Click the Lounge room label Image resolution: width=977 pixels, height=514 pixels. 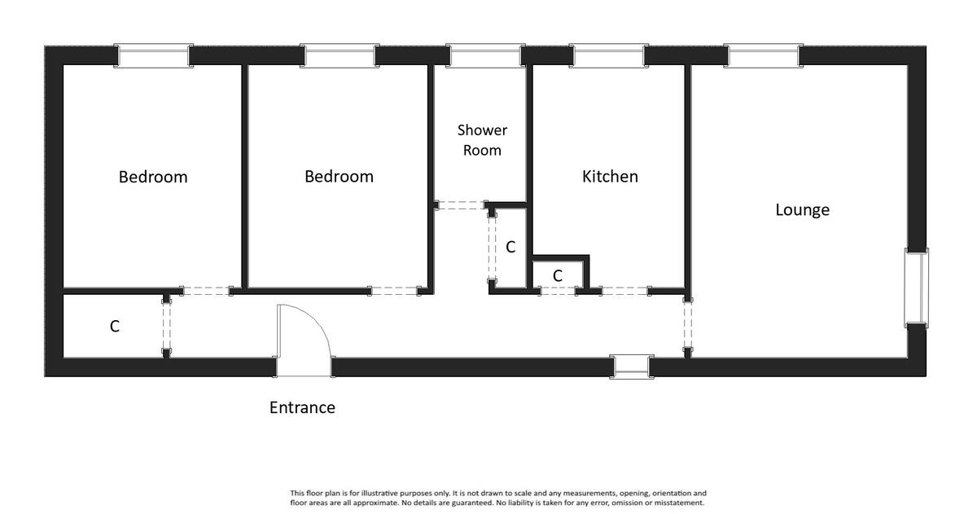click(802, 210)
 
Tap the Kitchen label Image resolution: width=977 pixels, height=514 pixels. click(610, 176)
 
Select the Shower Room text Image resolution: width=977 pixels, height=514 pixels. click(482, 140)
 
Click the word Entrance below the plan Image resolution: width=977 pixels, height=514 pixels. click(302, 407)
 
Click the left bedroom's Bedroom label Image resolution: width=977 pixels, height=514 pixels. click(153, 177)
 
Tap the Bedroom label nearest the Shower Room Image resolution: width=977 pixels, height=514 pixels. click(339, 176)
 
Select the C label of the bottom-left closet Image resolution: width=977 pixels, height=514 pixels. click(114, 327)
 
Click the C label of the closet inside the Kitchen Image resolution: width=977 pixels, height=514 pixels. click(558, 276)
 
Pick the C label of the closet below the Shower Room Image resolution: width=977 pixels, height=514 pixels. click(510, 248)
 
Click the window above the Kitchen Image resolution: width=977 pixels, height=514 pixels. click(609, 56)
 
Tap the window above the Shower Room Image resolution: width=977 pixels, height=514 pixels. click(485, 56)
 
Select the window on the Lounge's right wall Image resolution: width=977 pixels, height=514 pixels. click(917, 288)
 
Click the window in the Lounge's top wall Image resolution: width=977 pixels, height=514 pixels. click(764, 56)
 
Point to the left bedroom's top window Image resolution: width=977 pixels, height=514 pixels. click(154, 56)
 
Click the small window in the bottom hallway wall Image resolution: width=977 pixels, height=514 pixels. click(632, 367)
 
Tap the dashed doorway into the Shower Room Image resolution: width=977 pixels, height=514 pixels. click(461, 205)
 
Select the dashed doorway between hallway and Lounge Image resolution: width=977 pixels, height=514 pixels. click(688, 325)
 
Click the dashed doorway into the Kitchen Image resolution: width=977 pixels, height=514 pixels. click(625, 291)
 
